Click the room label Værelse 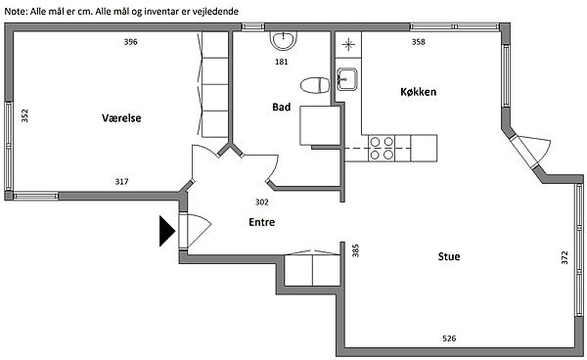121,118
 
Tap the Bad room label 281,108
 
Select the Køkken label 418,92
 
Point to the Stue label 449,256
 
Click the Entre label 261,222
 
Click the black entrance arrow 167,231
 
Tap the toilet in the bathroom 315,85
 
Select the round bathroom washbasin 284,40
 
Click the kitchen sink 347,79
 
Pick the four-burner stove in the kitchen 382,148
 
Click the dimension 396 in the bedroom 131,42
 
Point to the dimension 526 449,338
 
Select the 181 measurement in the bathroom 282,62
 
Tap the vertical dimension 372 564,258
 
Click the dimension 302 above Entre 261,202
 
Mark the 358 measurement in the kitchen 419,42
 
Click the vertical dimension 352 24,115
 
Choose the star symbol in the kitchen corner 348,45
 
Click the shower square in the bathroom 320,125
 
